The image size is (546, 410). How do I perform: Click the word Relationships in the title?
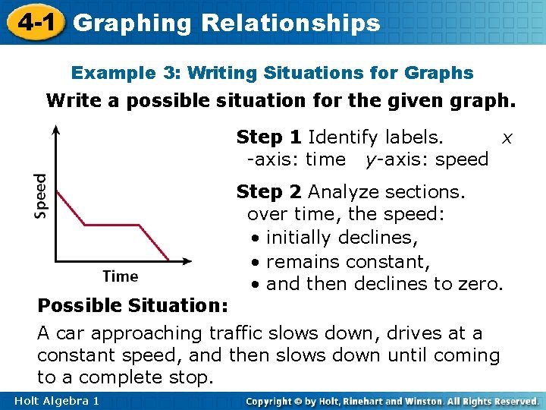pyautogui.click(x=290, y=23)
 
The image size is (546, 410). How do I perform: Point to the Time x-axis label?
pyautogui.click(x=121, y=276)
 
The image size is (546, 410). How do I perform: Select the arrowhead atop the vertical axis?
pyautogui.click(x=57, y=131)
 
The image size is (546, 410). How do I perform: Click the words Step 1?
pyautogui.click(x=269, y=137)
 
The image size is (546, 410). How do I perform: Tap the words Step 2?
pyautogui.click(x=269, y=191)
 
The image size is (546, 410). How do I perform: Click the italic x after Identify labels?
pyautogui.click(x=507, y=138)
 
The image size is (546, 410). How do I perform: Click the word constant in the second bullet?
pyautogui.click(x=387, y=261)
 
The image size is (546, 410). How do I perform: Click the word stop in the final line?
pyautogui.click(x=193, y=377)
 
